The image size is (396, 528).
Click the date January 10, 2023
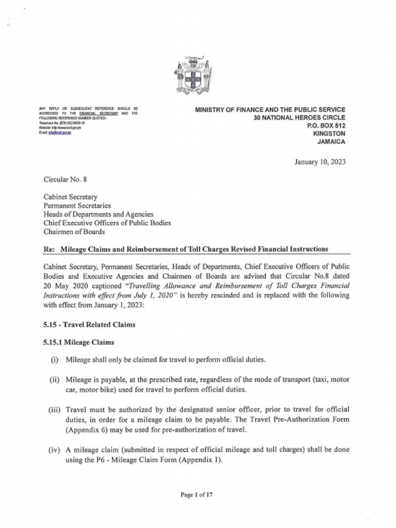click(x=320, y=162)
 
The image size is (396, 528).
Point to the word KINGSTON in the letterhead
click(x=329, y=133)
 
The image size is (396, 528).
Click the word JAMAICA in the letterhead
click(x=331, y=141)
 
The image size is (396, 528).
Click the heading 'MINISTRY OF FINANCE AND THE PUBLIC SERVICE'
click(x=270, y=109)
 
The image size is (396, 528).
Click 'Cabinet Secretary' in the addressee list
click(x=71, y=197)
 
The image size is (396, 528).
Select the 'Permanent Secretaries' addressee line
click(x=77, y=205)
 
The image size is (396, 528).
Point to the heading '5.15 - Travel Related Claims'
click(x=89, y=325)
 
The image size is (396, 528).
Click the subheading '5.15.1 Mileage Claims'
click(x=78, y=342)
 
